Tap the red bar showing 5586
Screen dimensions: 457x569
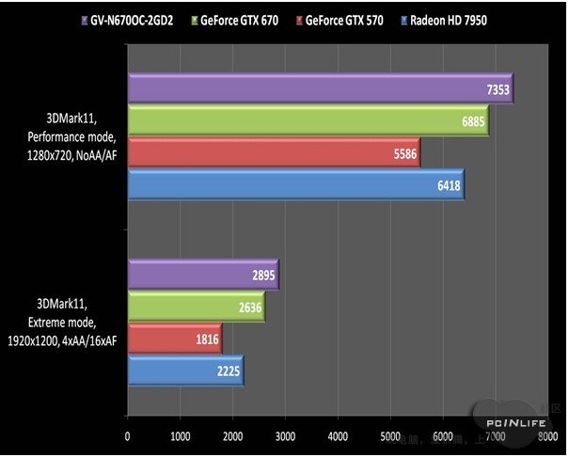click(x=273, y=152)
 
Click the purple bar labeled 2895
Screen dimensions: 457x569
click(x=202, y=275)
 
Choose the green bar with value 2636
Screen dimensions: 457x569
click(x=196, y=307)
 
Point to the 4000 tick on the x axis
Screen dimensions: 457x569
click(x=337, y=435)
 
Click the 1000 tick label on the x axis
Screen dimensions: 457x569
click(x=180, y=435)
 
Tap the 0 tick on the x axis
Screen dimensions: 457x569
click(x=128, y=435)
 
